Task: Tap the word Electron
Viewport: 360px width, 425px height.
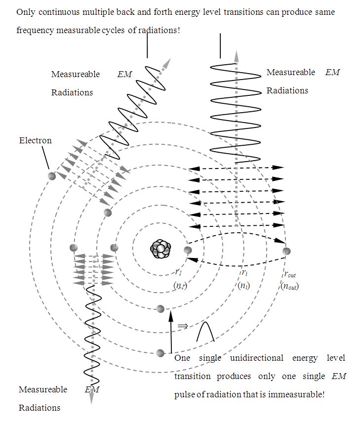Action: (x=35, y=140)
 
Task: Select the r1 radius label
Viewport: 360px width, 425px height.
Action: (x=179, y=271)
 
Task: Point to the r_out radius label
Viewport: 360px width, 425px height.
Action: (x=290, y=274)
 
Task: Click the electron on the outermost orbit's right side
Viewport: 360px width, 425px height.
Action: (x=286, y=252)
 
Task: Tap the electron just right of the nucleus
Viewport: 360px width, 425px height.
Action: (x=187, y=250)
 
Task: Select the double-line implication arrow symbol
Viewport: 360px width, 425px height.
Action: (x=182, y=326)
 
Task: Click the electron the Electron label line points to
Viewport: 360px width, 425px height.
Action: (x=51, y=176)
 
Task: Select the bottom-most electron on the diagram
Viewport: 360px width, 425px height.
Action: (x=160, y=353)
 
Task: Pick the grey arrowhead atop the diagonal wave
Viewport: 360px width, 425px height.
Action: (x=168, y=63)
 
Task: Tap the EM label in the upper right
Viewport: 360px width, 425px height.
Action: (x=332, y=72)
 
